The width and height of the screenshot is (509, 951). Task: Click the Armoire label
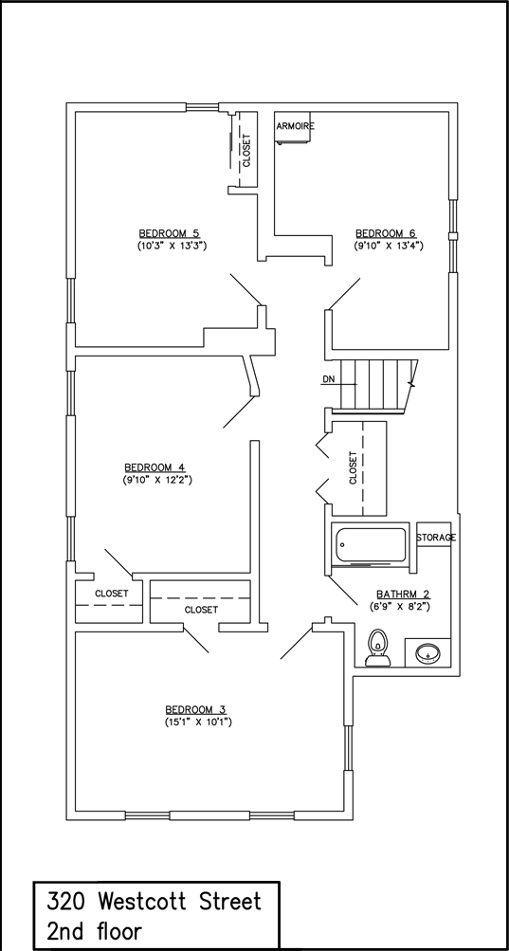click(296, 126)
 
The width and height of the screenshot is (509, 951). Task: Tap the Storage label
click(436, 538)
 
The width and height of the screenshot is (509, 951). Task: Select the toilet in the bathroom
click(378, 648)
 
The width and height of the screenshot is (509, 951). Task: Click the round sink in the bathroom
click(429, 654)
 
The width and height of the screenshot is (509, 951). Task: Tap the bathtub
click(372, 544)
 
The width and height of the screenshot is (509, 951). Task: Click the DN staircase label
click(328, 379)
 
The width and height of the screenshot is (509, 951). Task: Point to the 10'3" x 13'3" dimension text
click(173, 246)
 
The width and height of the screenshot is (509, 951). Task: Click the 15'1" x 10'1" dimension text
click(198, 722)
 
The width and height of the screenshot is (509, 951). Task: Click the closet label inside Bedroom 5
click(246, 151)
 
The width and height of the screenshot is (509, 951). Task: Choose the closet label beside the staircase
click(354, 467)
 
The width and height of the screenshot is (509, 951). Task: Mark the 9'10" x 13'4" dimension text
click(389, 246)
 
